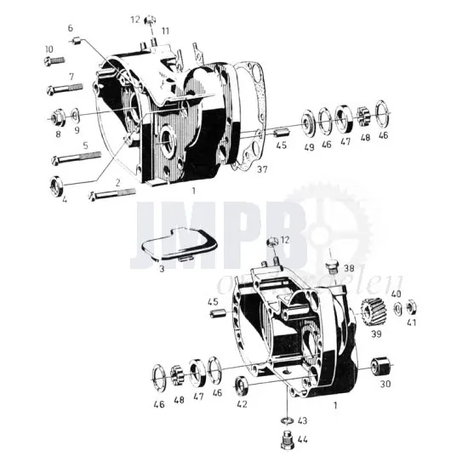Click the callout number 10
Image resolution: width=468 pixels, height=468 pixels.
[49, 49]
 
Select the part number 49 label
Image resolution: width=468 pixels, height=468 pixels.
[308, 146]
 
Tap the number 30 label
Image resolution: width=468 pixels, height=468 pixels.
[386, 385]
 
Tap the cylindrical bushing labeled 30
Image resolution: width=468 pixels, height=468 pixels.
[380, 367]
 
